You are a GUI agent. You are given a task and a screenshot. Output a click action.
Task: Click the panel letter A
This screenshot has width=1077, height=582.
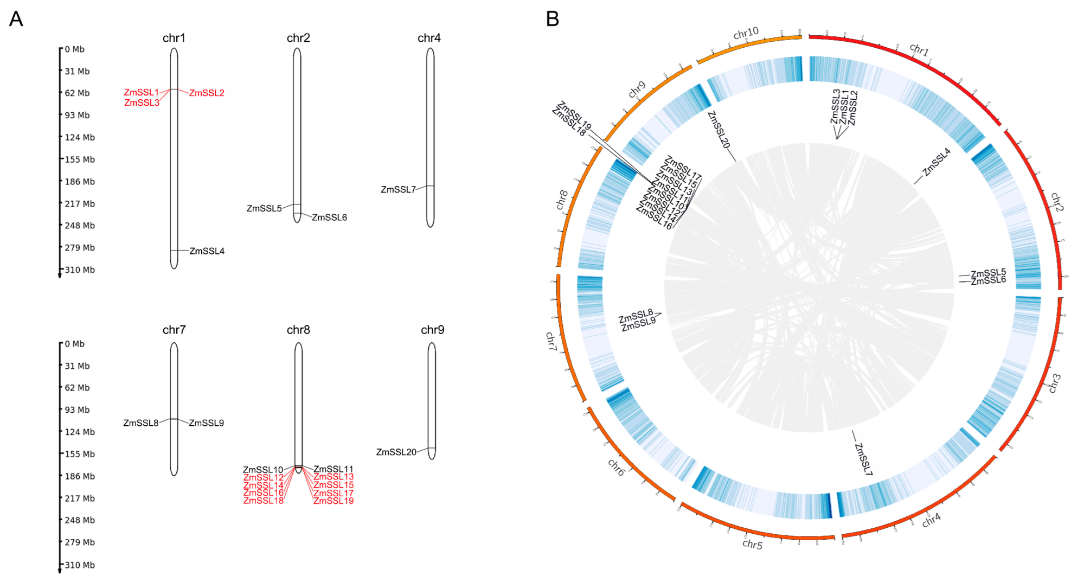[16, 20]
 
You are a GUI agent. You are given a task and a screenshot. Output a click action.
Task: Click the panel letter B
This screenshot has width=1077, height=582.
[552, 20]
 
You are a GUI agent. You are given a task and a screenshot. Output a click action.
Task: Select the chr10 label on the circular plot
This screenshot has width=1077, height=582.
[746, 34]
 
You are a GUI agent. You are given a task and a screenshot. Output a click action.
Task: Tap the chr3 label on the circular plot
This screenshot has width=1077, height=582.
[1054, 383]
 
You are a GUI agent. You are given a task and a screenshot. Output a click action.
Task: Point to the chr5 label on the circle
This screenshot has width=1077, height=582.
[752, 544]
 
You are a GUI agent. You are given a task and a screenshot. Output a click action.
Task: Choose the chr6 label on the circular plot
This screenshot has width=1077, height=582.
[617, 467]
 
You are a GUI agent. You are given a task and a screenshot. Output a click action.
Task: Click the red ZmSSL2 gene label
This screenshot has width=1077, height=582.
[207, 93]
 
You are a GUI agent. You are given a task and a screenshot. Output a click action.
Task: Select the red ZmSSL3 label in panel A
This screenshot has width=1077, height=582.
[142, 103]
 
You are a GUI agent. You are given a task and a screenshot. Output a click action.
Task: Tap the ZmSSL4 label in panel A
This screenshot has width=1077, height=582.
[207, 251]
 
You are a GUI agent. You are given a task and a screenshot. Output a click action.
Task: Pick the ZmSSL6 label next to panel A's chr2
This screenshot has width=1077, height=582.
[329, 218]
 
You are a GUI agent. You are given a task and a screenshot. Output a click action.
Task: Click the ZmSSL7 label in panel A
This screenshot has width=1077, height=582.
[398, 190]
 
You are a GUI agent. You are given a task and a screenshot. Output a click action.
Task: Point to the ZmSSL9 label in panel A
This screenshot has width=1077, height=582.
[206, 423]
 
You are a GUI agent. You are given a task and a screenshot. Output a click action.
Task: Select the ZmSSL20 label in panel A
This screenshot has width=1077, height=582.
[396, 452]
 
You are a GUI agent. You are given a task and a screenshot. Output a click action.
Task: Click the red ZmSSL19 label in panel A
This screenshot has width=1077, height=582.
[334, 501]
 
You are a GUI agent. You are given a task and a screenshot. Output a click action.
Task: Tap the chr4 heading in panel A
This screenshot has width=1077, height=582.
[429, 38]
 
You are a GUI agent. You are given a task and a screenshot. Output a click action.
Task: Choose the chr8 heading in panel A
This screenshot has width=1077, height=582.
[298, 330]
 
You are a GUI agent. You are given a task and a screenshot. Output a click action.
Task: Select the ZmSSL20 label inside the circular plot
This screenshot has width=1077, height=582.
[719, 130]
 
